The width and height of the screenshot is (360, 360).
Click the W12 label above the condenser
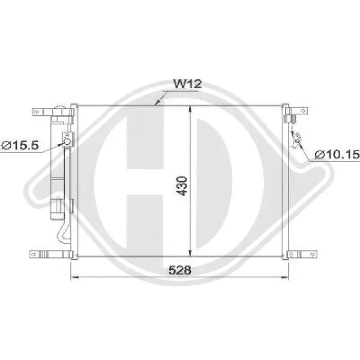tap(188, 84)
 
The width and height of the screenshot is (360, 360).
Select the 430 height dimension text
tap(183, 186)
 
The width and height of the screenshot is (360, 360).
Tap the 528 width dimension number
tap(180, 270)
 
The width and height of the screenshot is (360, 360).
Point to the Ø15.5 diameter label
tap(20, 145)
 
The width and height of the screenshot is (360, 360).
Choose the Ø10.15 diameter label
tap(337, 154)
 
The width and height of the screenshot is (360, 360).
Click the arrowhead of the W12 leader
tap(157, 104)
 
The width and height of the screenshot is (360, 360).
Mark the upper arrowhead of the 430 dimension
tap(190, 109)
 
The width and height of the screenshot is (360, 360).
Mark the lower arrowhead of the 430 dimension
tap(190, 253)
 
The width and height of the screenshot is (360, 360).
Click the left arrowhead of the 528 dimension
tap(74, 277)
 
